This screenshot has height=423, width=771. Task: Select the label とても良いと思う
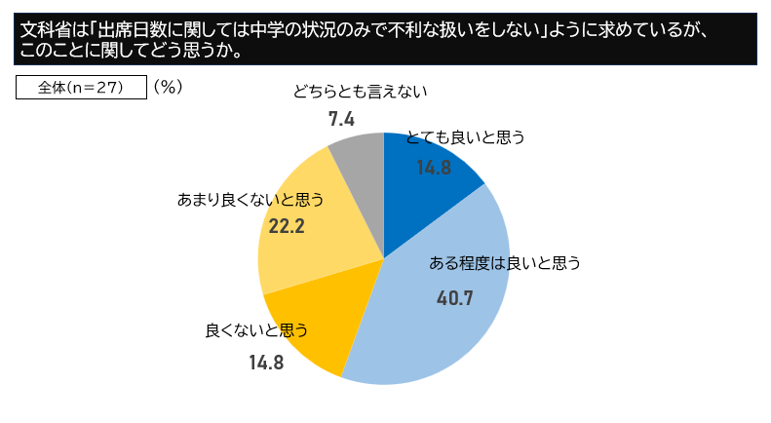[x=465, y=137]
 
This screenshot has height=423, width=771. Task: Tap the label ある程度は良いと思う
[x=505, y=262]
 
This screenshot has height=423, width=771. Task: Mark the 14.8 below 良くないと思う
[x=266, y=363]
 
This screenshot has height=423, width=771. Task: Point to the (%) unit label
[x=168, y=87]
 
